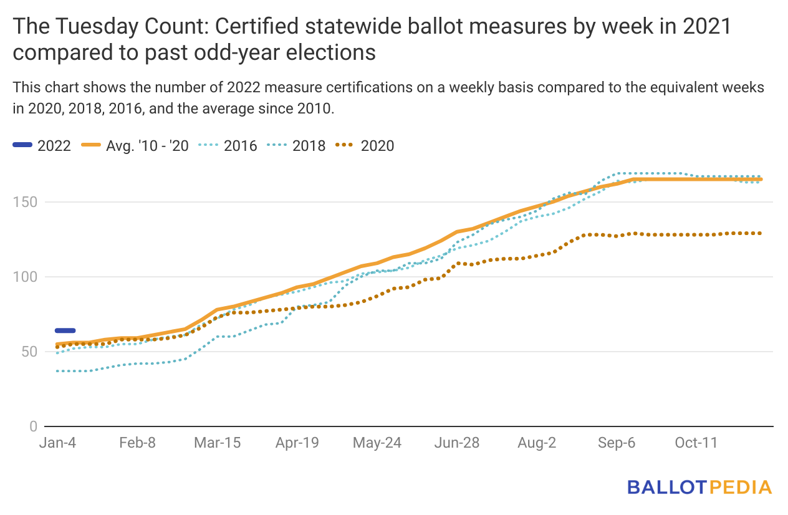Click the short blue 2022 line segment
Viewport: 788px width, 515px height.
point(65,330)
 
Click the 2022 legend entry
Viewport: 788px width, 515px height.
point(42,146)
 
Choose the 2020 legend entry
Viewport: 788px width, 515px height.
point(365,146)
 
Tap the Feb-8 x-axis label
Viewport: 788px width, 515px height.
point(137,443)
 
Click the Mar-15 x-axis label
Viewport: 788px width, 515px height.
point(216,443)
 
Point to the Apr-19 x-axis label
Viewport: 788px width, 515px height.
point(297,443)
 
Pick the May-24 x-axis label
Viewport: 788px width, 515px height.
point(377,443)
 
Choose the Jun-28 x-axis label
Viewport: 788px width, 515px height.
point(457,443)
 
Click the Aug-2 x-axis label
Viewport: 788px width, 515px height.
point(537,443)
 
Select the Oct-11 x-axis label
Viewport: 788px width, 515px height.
point(696,443)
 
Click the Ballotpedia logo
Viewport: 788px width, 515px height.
point(699,487)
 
